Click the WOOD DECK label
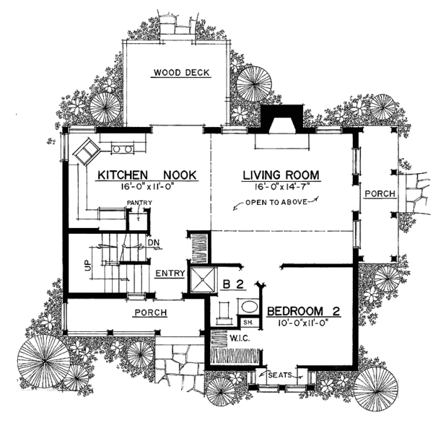point(177,72)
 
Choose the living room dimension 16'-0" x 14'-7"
point(281,187)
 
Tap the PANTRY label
point(137,203)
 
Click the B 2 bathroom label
point(235,285)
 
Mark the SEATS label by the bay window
point(279,375)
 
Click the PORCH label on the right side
point(378,194)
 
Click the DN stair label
point(152,243)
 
